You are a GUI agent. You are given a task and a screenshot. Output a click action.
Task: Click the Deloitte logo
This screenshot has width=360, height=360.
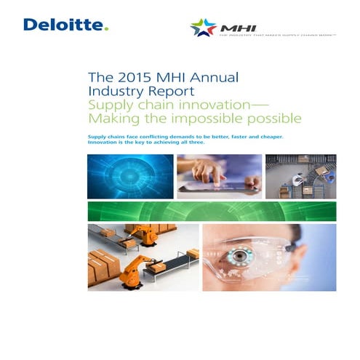65,25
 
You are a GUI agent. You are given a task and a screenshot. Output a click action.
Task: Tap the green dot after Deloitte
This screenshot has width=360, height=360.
106,29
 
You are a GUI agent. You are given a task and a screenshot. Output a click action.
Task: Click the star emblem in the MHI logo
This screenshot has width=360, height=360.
203,28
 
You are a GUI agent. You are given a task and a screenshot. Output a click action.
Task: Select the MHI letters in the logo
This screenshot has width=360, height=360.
231,26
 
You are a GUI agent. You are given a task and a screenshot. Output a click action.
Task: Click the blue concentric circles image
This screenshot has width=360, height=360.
129,175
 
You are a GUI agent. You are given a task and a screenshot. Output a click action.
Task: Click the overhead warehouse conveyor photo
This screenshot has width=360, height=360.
300,176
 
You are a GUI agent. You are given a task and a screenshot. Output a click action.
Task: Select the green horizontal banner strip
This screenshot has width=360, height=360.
211,211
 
